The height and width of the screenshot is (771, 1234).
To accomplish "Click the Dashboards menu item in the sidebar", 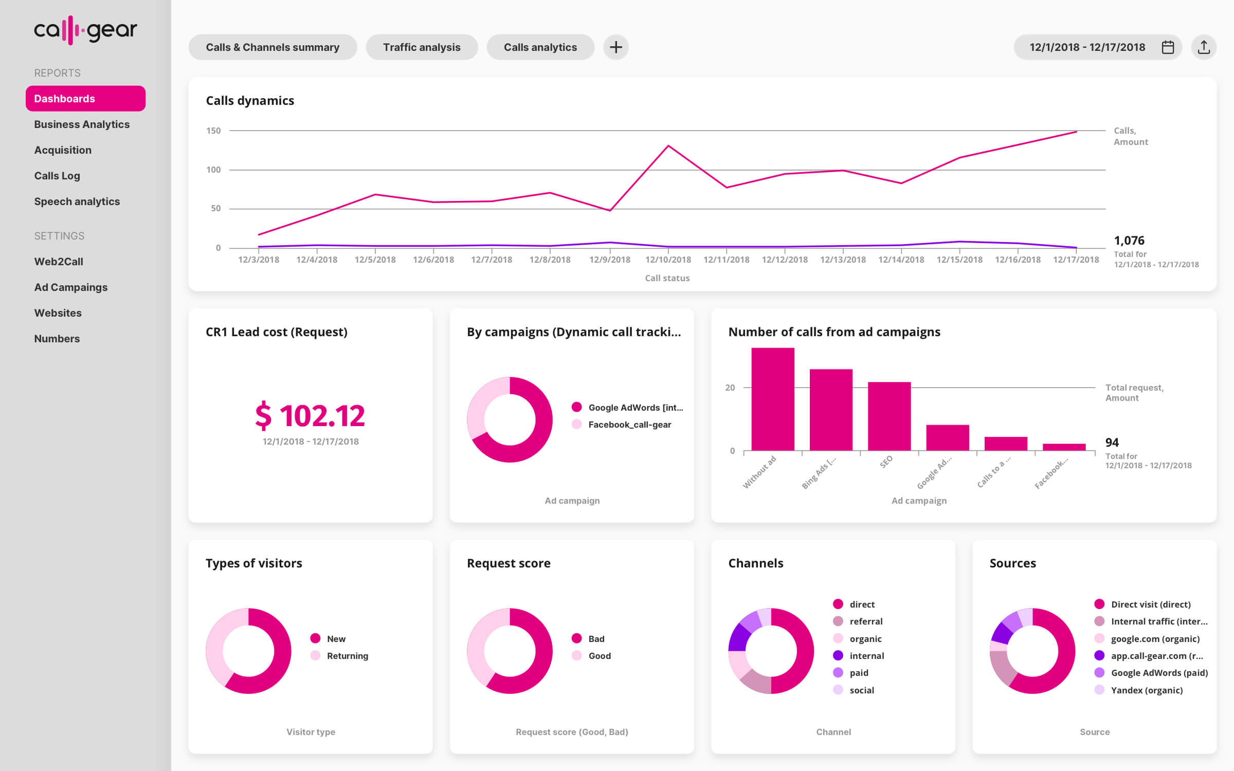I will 85,98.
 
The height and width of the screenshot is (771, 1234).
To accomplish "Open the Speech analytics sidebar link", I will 77,201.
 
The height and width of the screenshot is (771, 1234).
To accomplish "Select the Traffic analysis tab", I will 422,47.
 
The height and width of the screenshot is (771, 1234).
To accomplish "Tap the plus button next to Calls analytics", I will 615,47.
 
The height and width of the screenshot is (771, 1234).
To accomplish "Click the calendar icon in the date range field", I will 1168,47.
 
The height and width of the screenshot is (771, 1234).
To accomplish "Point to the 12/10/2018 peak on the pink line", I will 668,146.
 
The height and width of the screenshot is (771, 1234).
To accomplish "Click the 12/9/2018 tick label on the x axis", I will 609,260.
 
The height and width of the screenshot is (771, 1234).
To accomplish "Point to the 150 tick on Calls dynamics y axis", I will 213,131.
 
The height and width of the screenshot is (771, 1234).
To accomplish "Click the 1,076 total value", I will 1129,241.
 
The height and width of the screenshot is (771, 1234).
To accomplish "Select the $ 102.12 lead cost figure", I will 310,415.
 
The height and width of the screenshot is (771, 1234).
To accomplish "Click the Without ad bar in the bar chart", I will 772,399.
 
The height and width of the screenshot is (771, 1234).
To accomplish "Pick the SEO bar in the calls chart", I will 889,416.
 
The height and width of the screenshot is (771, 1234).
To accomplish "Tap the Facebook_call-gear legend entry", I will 629,425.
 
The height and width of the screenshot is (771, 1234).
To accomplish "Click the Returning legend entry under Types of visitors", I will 347,656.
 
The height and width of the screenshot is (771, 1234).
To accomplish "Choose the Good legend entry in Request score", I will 599,656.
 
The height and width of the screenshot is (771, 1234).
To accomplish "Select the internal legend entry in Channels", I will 866,656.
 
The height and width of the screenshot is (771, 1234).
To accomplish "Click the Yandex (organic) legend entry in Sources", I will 1146,690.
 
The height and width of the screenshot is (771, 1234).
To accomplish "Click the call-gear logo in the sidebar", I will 85,30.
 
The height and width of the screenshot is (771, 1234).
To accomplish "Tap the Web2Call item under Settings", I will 59,262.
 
